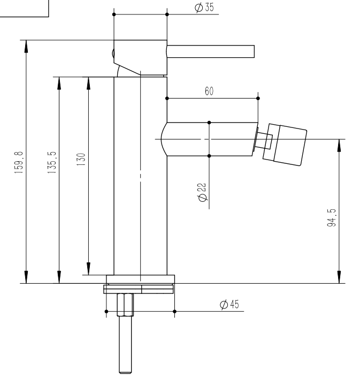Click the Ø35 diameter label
[204, 7]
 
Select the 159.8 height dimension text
[19, 162]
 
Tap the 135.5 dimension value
[52, 162]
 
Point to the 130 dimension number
[81, 159]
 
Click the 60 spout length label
[209, 91]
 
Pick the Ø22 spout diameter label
[202, 192]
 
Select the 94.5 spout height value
[331, 218]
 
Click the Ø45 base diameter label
[229, 304]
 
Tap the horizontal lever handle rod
[210, 51]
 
